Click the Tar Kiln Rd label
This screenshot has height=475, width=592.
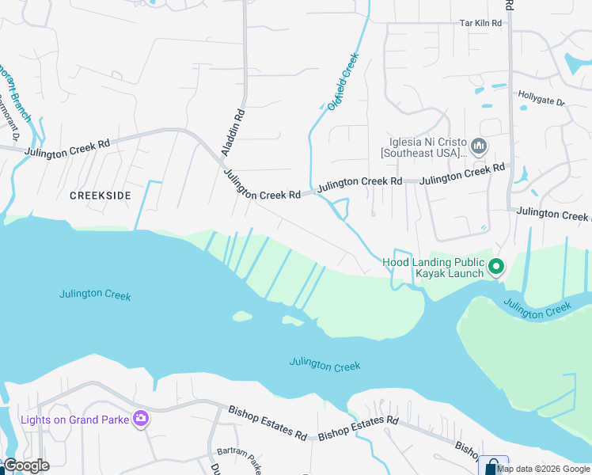tap(481, 24)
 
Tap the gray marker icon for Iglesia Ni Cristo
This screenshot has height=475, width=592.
tap(479, 146)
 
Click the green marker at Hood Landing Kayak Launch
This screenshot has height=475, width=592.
tap(496, 267)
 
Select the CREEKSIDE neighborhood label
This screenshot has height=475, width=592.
tap(99, 194)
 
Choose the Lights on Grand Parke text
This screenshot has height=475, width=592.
tap(74, 420)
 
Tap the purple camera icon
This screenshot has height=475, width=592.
tap(141, 419)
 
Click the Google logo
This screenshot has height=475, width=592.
tap(25, 465)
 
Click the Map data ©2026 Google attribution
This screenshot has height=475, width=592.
tap(544, 469)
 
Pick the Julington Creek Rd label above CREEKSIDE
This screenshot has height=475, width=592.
tap(66, 148)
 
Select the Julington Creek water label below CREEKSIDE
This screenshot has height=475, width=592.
tap(95, 294)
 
